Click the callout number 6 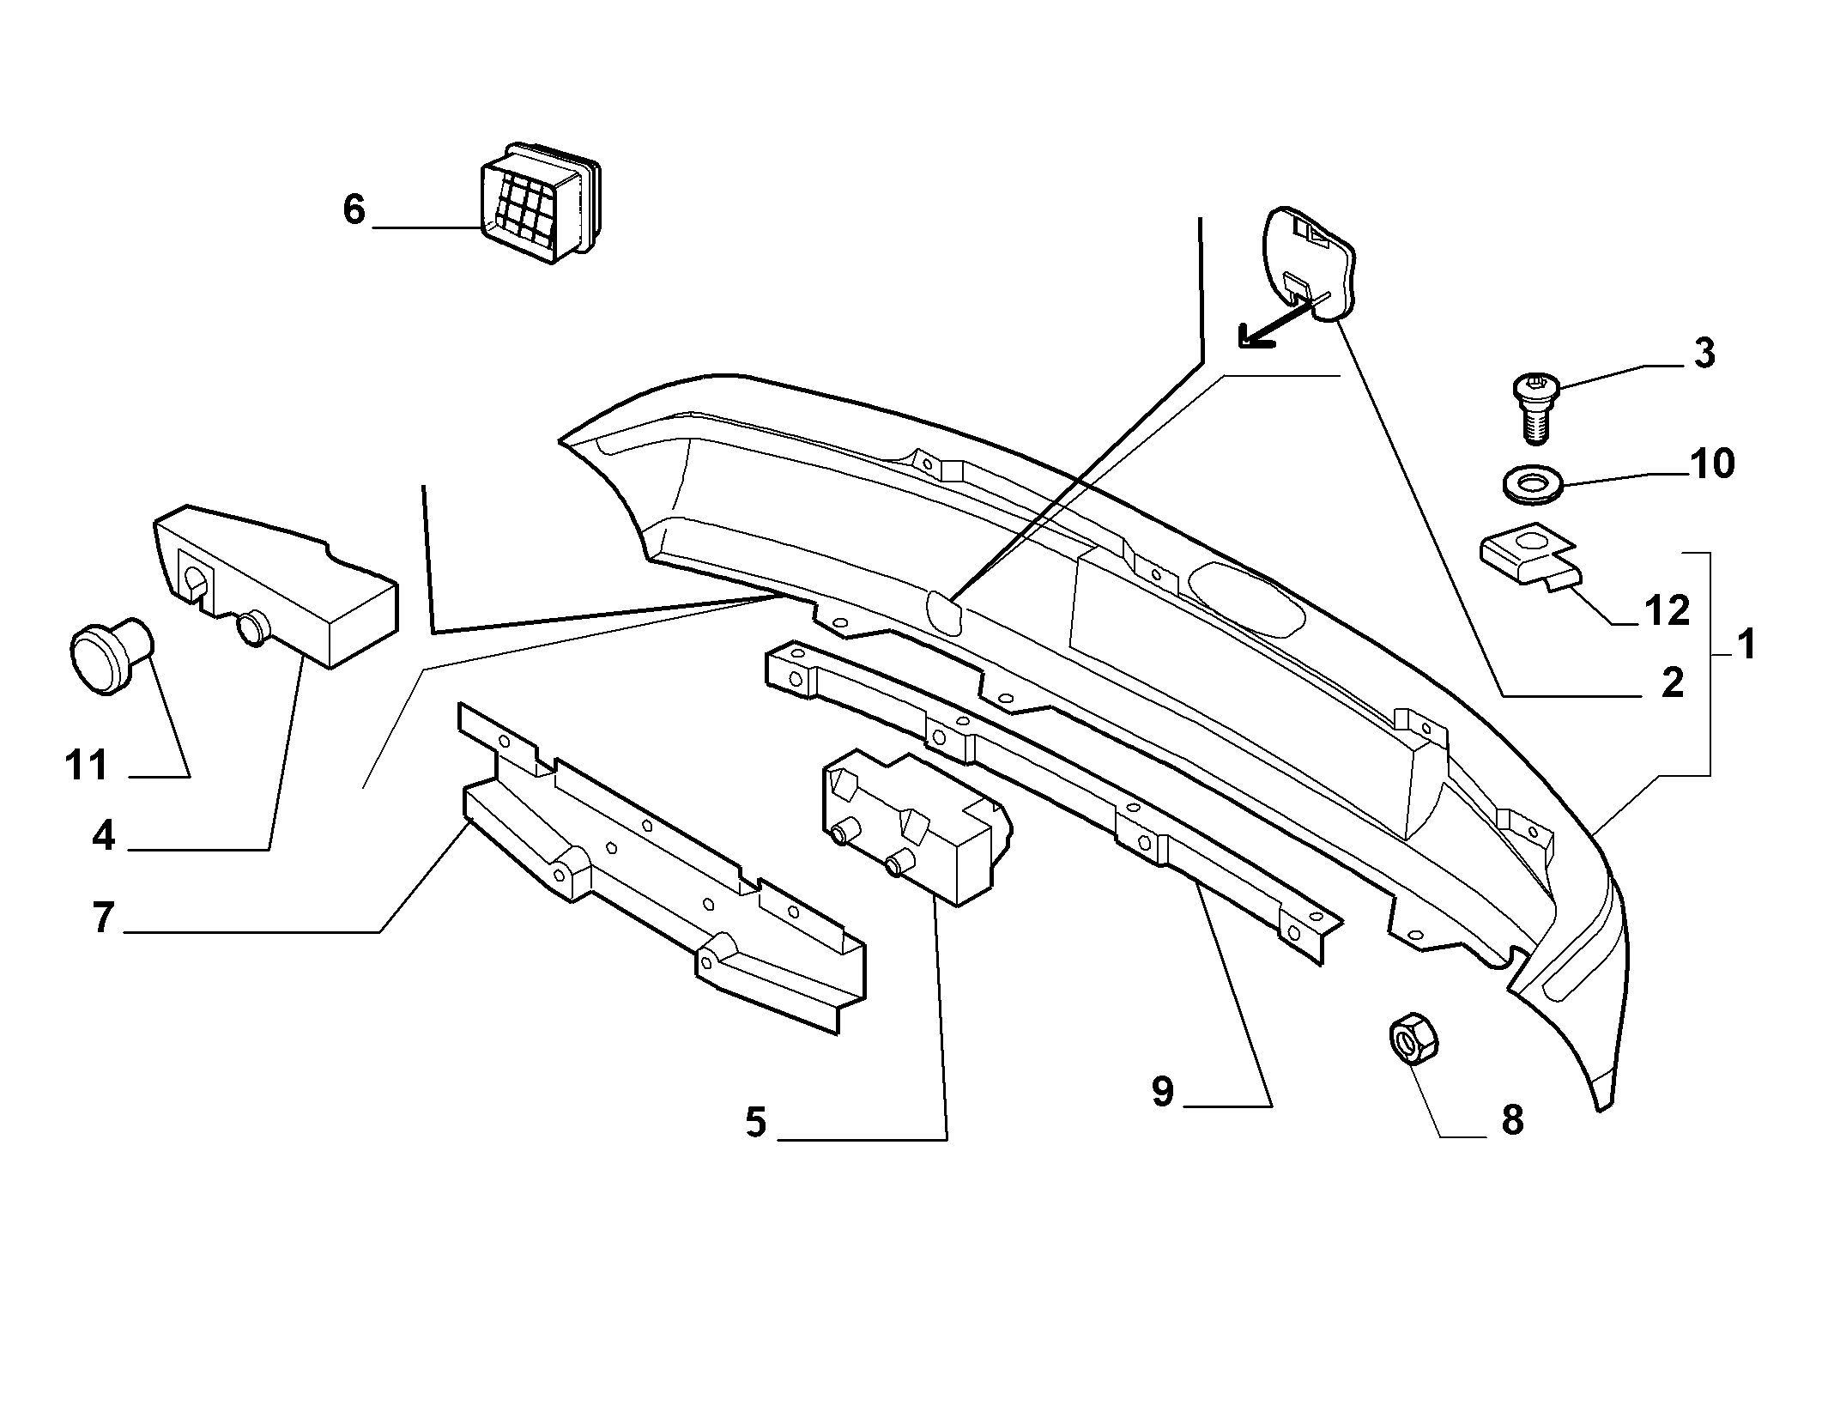pos(354,209)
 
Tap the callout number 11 pos(87,765)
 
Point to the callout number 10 pos(1712,464)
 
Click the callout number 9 pos(1163,1092)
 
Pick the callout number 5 pos(755,1122)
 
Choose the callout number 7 pos(103,918)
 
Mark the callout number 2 pos(1672,683)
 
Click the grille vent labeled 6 pos(537,203)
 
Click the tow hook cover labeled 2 pos(1306,262)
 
